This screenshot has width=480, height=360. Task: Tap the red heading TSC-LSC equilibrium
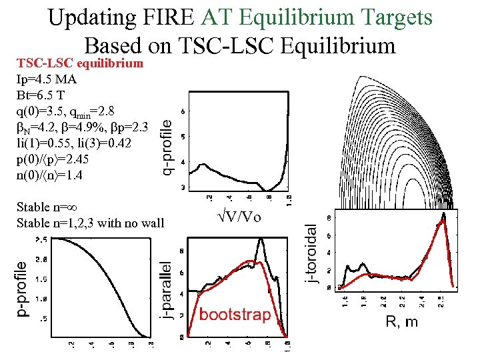click(80, 64)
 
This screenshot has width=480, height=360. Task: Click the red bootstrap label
click(235, 314)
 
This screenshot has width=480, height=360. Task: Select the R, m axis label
click(402, 322)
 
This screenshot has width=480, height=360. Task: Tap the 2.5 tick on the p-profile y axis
click(41, 239)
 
